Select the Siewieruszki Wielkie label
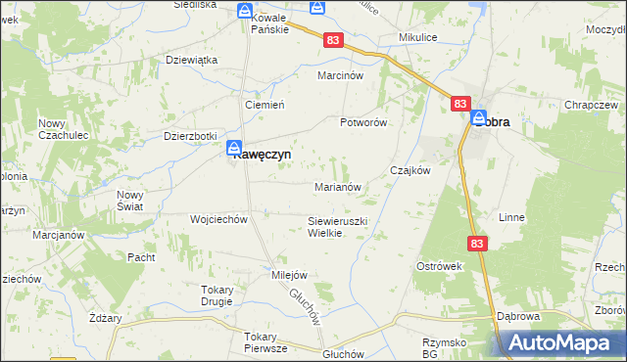(337, 228)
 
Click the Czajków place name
(410, 169)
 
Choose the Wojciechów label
(218, 219)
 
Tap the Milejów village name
(290, 275)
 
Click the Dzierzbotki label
(190, 136)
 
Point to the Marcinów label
(340, 74)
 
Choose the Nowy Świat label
(130, 201)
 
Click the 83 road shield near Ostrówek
(477, 244)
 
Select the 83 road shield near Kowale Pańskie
(335, 39)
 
